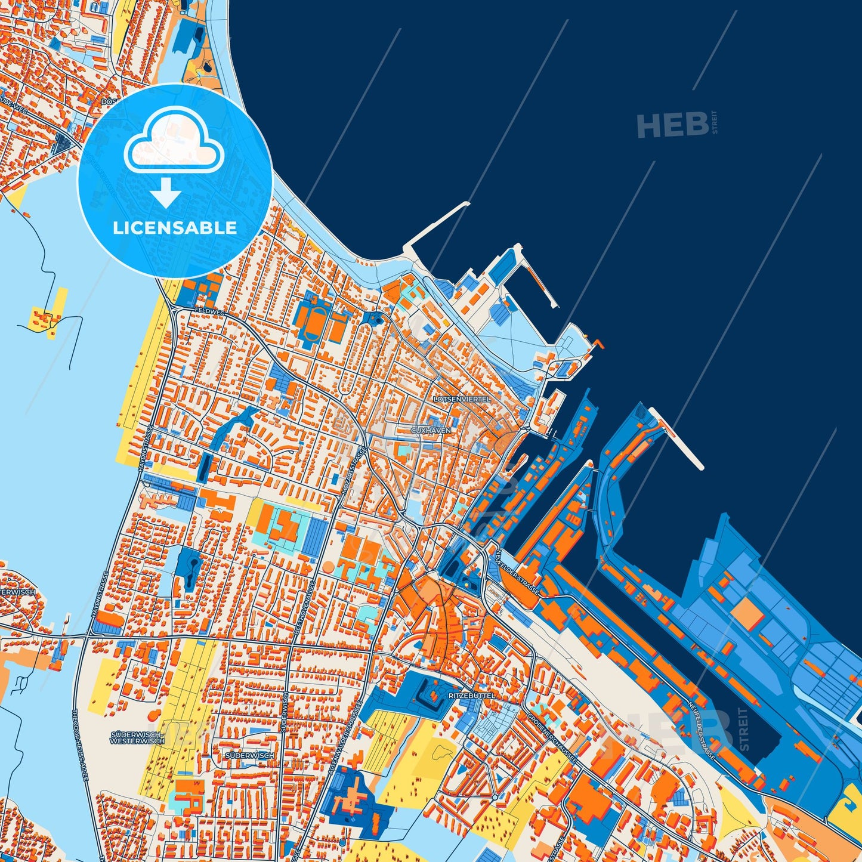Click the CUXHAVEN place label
click(x=431, y=430)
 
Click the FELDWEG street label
click(x=209, y=312)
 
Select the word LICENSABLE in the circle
click(x=175, y=228)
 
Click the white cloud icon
click(x=174, y=141)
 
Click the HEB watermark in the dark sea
click(x=672, y=125)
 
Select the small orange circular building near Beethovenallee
click(x=329, y=566)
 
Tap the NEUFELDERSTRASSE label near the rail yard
click(x=517, y=571)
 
